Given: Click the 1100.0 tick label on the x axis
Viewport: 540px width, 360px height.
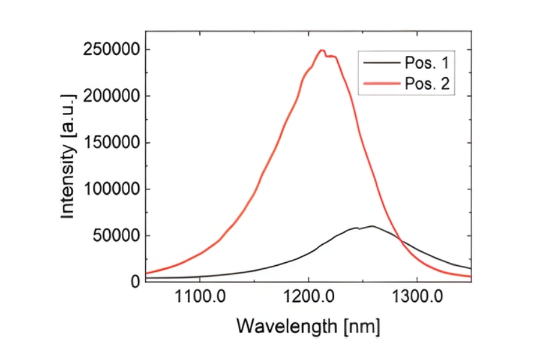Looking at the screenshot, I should (200, 297).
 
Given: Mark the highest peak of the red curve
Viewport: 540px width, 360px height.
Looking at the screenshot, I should (322, 50).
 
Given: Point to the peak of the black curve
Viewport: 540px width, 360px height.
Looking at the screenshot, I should (372, 226).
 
